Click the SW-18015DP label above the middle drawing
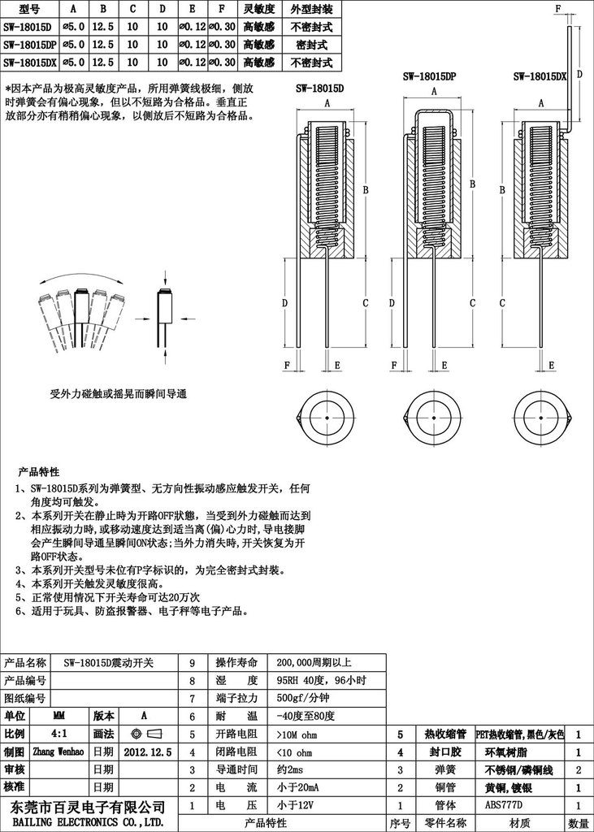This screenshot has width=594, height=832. (x=428, y=76)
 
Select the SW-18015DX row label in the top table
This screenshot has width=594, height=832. (x=29, y=62)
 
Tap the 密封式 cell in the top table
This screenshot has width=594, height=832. (x=311, y=44)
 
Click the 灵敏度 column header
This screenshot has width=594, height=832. (x=262, y=10)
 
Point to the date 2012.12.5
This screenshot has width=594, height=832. (x=148, y=752)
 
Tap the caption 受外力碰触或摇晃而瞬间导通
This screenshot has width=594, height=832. (x=119, y=394)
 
